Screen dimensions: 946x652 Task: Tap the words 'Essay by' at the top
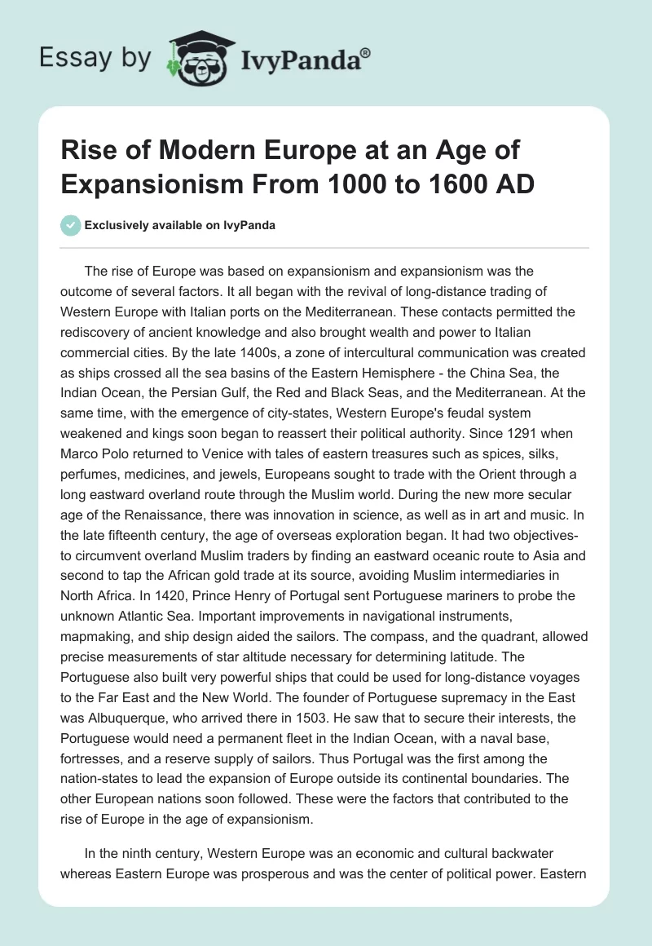pos(97,59)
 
